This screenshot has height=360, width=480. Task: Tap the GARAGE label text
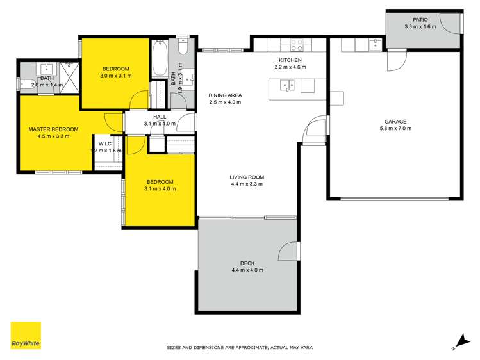(x=395, y=121)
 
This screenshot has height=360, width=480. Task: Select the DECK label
(x=247, y=263)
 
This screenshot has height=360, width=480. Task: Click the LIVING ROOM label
(x=247, y=177)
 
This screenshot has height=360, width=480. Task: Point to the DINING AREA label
(x=225, y=95)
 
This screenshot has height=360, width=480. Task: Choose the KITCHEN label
(x=287, y=60)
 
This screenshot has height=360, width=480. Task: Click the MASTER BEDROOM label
(x=53, y=129)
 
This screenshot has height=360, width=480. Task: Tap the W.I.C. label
(x=106, y=144)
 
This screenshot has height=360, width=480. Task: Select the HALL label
(x=160, y=117)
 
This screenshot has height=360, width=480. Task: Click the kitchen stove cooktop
(x=297, y=45)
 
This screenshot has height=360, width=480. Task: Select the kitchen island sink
(x=287, y=84)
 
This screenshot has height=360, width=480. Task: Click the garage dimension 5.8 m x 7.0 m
(x=395, y=129)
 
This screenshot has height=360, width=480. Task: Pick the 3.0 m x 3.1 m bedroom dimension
(x=115, y=76)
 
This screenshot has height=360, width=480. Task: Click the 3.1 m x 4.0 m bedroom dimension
(x=160, y=188)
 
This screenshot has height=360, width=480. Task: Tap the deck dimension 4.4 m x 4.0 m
(x=247, y=270)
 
